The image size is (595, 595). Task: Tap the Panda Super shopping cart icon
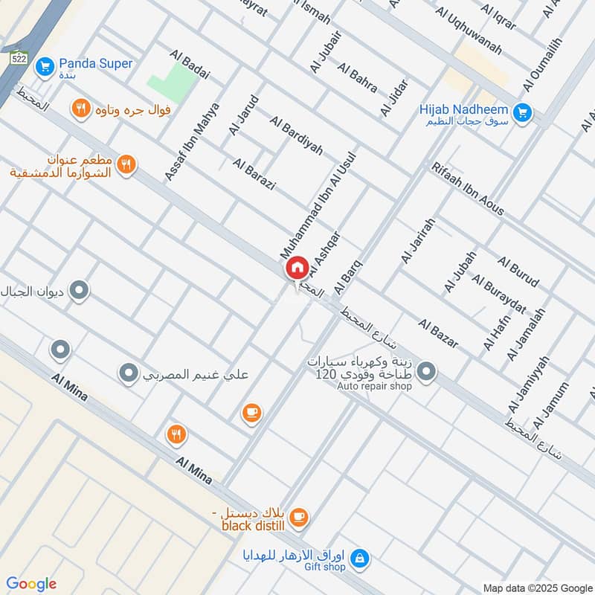45,66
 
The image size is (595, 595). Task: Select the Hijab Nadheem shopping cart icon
523,112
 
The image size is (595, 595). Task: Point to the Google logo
31,584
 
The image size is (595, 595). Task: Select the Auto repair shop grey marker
426,370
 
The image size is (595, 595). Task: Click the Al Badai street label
190,65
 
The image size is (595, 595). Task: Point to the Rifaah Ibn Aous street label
467,189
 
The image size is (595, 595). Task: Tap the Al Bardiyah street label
296,135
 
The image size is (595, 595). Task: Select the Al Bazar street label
438,334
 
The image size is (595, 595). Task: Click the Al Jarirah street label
416,241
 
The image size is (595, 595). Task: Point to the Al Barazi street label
254,174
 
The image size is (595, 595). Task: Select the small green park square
169,80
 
